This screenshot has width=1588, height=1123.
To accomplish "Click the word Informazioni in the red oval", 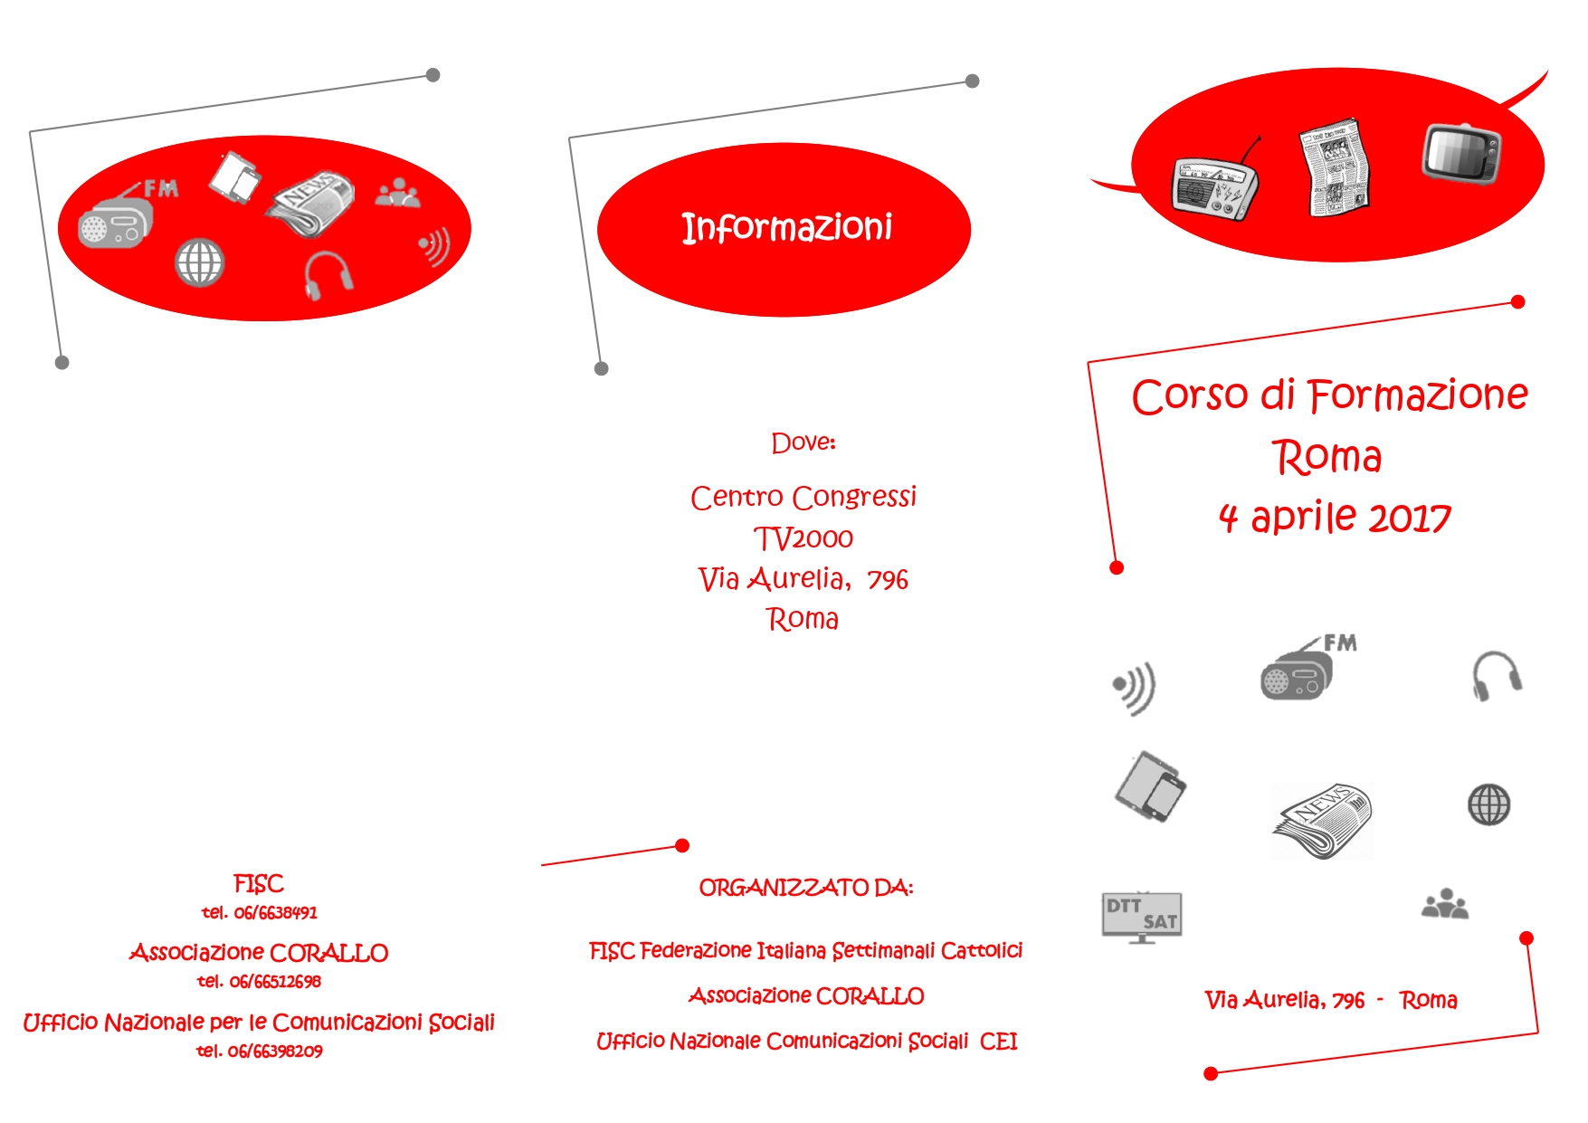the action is pos(786,228).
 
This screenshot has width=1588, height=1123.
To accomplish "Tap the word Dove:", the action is pos(804,443).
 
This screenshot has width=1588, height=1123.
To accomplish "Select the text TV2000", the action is pos(804,538).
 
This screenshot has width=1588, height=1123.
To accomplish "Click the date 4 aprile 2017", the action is pos(1335,518).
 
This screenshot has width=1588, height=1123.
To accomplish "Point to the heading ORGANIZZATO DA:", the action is pos(806,888).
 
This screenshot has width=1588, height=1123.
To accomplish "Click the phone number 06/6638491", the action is pos(276,912).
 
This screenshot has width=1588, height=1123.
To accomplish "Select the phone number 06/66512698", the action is pos(275,981).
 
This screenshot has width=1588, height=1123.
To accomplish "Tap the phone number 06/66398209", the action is pos(275,1051).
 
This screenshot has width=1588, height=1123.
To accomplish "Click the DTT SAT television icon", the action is pos(1142,917).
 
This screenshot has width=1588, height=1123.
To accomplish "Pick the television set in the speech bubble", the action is pos(1461,153).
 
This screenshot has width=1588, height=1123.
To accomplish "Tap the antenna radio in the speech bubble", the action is pos(1215,183).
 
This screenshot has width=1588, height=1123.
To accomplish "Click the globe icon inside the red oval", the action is pos(199,262).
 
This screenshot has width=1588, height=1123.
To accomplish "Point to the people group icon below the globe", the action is pos(1445,904).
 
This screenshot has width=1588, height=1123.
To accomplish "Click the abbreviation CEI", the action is pos(998,1042).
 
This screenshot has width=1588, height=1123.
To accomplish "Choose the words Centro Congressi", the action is pos(804,497).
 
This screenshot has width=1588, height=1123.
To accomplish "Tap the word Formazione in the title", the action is pos(1418,396).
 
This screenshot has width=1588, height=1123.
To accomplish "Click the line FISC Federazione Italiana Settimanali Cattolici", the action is pos(806,951).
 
